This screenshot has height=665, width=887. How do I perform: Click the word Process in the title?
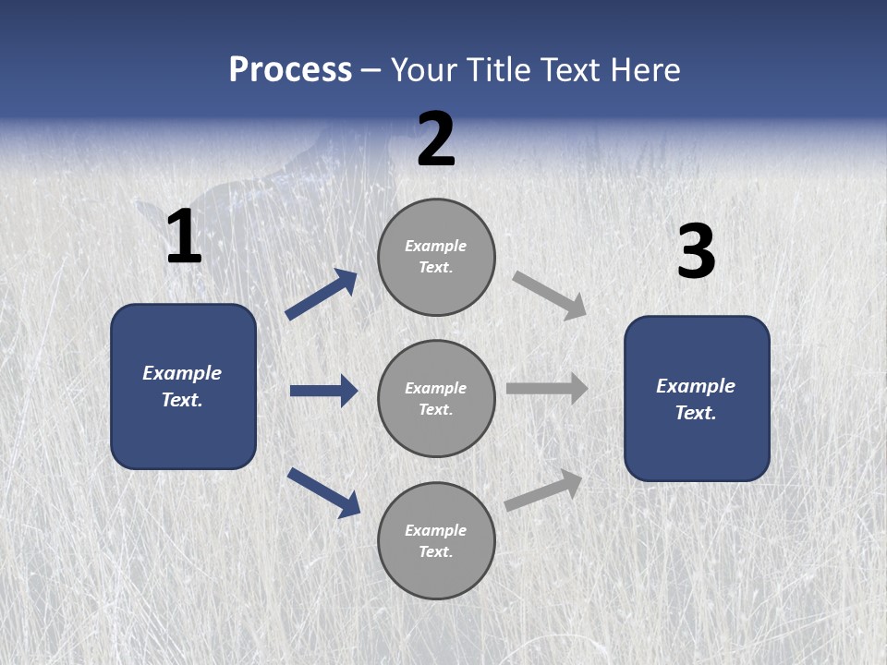(x=290, y=70)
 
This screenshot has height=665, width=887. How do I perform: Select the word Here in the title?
(x=645, y=70)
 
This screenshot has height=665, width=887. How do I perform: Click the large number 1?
(x=185, y=236)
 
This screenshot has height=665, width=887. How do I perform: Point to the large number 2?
(x=436, y=139)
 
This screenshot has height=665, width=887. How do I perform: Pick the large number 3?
(x=697, y=250)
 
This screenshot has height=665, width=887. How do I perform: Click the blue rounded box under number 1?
(x=183, y=387)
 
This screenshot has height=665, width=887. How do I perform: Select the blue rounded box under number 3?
(x=697, y=399)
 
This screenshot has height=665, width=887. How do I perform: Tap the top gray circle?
(x=436, y=258)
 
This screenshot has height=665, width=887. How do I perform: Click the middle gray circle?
(x=436, y=399)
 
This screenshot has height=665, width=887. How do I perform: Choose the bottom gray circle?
(x=436, y=540)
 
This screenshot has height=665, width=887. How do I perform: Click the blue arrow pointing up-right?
(x=322, y=294)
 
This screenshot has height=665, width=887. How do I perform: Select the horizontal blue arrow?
(x=324, y=391)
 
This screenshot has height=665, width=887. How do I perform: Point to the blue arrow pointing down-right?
(x=324, y=493)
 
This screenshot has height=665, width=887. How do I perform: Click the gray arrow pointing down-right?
(x=549, y=296)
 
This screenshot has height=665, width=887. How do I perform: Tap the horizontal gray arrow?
(x=547, y=389)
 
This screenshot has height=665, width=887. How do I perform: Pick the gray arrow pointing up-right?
(x=543, y=490)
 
